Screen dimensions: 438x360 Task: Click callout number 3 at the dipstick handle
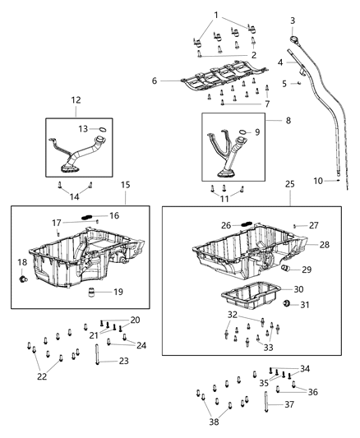[292, 20]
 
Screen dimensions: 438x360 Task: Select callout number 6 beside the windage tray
[154, 81]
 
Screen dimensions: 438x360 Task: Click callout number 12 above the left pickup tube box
[76, 100]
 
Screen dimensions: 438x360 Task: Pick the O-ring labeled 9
[243, 132]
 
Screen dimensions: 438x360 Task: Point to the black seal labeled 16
[86, 215]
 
